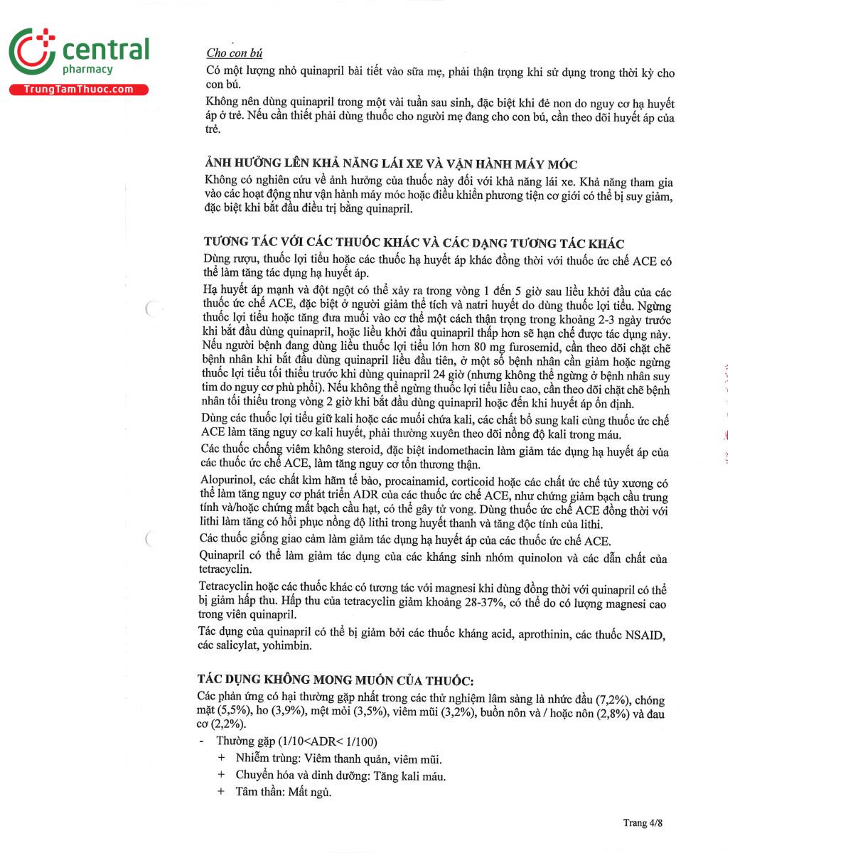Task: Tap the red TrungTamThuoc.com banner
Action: (x=78, y=90)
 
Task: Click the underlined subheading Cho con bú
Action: (x=235, y=53)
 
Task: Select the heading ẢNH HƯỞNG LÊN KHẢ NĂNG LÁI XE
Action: (x=390, y=164)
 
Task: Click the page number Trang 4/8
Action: (x=643, y=823)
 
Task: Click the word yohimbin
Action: (x=287, y=646)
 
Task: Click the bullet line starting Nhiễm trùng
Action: (x=338, y=759)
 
